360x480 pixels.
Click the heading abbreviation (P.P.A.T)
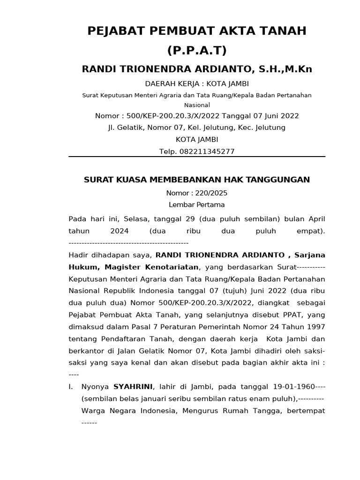pyautogui.click(x=197, y=50)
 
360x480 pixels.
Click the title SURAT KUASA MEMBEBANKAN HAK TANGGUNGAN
pyautogui.click(x=197, y=180)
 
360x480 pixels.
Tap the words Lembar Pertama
pyautogui.click(x=197, y=205)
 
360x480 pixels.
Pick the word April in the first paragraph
pyautogui.click(x=316, y=219)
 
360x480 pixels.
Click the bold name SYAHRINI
pyautogui.click(x=133, y=387)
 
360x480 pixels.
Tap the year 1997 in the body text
pyautogui.click(x=315, y=326)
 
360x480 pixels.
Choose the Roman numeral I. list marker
pyautogui.click(x=71, y=387)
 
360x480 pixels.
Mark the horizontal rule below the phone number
pyautogui.click(x=197, y=157)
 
